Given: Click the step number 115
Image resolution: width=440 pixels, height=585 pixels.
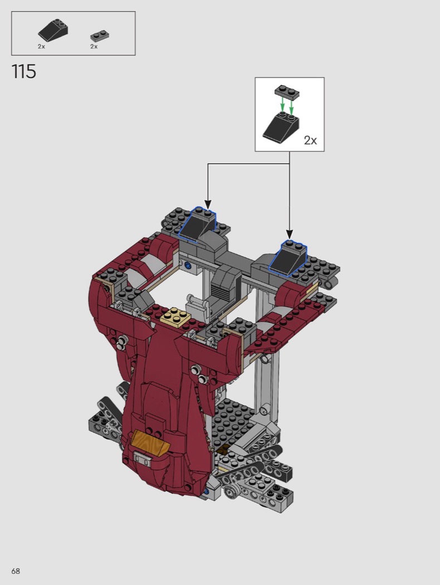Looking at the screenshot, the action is [x=24, y=71].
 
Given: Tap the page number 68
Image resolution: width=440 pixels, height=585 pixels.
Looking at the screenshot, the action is [x=16, y=571].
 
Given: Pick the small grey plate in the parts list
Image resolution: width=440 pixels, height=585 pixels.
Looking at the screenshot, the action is [x=100, y=36].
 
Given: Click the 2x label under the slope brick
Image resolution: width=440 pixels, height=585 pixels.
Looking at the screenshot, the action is [x=41, y=46].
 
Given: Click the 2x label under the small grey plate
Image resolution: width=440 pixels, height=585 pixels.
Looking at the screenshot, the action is [x=94, y=46].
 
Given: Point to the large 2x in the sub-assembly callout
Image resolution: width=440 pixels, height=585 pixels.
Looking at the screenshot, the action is [x=310, y=140].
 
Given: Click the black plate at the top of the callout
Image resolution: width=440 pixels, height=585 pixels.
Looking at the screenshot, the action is [x=287, y=92].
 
